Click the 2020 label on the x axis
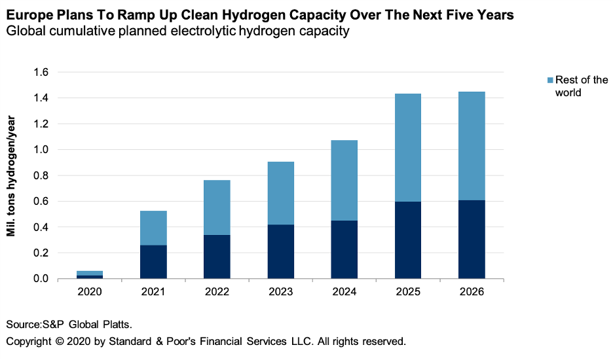pos(90,292)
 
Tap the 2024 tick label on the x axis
pos(344,292)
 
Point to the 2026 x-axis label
pos(472,292)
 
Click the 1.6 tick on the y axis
pos(41,73)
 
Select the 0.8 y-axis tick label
pos(41,175)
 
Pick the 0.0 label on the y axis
pos(41,279)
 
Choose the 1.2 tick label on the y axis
pos(41,124)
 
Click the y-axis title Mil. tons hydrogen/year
pos(12,175)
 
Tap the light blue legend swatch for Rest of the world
pos(549,80)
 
